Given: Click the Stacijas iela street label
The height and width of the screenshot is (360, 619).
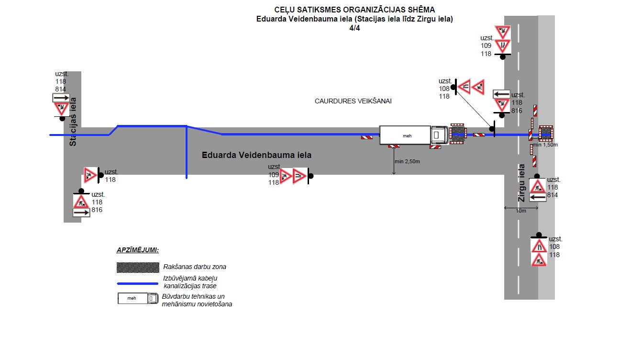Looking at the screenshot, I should pyautogui.click(x=73, y=122).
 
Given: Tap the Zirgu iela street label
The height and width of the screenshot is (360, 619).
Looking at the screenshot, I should pyautogui.click(x=521, y=183).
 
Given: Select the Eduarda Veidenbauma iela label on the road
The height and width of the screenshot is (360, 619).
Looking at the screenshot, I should pyautogui.click(x=256, y=155).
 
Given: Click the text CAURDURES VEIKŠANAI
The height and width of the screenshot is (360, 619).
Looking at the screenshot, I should pyautogui.click(x=353, y=101).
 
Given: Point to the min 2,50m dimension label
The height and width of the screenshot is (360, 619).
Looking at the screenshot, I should pyautogui.click(x=407, y=161).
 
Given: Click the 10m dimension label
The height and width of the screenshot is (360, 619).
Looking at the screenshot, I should pyautogui.click(x=521, y=211).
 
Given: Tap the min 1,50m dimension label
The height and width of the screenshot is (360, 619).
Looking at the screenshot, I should pyautogui.click(x=545, y=145).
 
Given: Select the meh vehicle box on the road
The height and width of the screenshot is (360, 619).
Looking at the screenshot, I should pyautogui.click(x=405, y=135).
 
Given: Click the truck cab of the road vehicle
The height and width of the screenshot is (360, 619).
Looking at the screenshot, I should pyautogui.click(x=439, y=135).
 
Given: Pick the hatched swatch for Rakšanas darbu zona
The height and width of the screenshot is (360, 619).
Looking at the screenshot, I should pyautogui.click(x=138, y=267).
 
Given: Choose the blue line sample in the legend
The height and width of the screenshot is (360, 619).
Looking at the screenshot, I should pyautogui.click(x=138, y=284).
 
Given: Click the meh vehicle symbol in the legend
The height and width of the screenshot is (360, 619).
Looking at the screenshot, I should pyautogui.click(x=138, y=298).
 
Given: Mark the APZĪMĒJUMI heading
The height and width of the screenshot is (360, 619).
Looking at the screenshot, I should pyautogui.click(x=138, y=250).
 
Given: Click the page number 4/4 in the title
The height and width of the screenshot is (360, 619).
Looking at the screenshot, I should pyautogui.click(x=354, y=28).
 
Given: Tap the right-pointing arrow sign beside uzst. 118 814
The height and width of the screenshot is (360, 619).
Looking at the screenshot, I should pyautogui.click(x=61, y=98).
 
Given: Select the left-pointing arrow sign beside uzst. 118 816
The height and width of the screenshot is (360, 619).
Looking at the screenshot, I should pyautogui.click(x=502, y=94).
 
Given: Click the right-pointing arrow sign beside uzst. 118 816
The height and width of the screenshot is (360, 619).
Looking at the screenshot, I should pyautogui.click(x=81, y=213).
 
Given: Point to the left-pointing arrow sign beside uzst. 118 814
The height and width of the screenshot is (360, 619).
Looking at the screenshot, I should pyautogui.click(x=538, y=196).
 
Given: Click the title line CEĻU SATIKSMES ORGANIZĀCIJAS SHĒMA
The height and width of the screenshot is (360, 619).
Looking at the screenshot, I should pyautogui.click(x=354, y=10).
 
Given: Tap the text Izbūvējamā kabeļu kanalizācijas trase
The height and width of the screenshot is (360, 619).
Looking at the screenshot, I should pyautogui.click(x=190, y=282).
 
